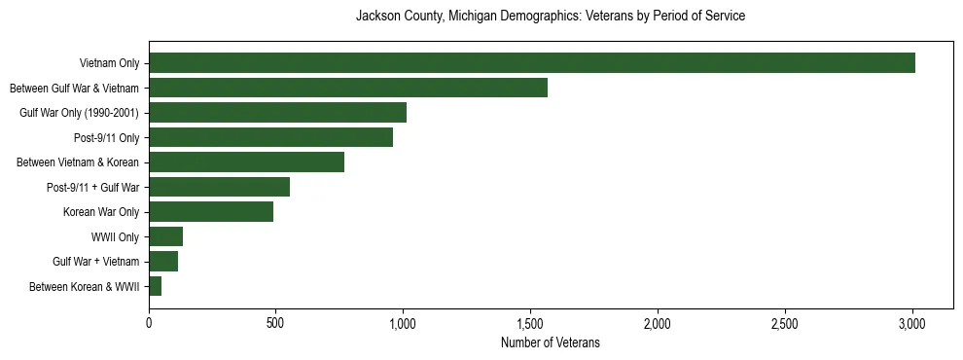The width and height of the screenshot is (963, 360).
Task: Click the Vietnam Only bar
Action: pos(532,63)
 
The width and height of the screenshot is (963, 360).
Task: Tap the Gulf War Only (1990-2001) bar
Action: pos(277,113)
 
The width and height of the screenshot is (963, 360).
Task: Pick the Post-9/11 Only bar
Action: pos(270,137)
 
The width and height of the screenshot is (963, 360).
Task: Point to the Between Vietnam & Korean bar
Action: pos(246,162)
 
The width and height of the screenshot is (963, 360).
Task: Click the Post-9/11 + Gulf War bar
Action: pos(219,187)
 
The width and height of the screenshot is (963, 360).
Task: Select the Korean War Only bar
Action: pos(211,212)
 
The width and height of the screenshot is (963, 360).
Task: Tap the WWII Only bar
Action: pos(165,236)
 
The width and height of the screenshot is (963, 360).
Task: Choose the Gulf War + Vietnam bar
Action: pos(163,262)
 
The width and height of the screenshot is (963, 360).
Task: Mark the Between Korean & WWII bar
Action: pos(155,286)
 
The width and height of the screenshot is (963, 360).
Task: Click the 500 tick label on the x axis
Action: pos(275,323)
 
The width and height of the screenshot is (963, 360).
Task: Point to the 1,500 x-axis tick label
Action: pos(530,323)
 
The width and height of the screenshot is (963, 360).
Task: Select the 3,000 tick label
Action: pos(912,323)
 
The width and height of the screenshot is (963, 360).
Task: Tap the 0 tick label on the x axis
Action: pos(149,323)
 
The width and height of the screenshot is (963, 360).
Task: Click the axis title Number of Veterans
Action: pos(551,343)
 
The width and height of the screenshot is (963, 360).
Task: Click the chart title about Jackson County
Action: pos(551,17)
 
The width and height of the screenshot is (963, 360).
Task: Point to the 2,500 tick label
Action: pos(785,323)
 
